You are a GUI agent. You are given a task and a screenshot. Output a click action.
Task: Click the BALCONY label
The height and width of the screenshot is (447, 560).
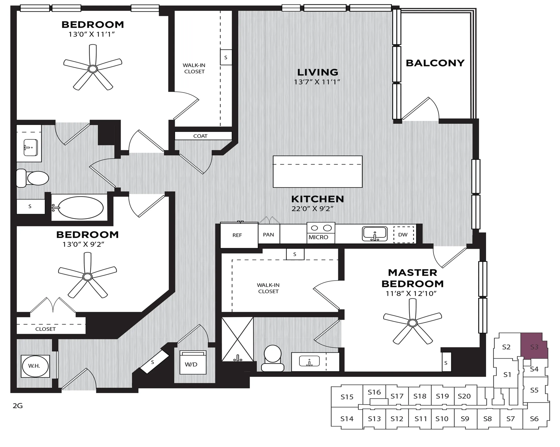coord(435,63)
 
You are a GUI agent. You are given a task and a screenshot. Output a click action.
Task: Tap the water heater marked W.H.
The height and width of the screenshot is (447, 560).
coord(35,366)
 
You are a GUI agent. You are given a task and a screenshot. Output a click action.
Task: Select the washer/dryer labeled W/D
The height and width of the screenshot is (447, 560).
coord(193,362)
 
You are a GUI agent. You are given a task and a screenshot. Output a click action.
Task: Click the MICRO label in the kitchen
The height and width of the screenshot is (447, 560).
coord(318,237)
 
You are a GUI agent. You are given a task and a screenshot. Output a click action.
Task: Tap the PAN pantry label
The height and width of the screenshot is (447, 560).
coord(268,235)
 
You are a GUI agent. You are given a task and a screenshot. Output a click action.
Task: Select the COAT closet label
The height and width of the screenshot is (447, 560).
coord(200,136)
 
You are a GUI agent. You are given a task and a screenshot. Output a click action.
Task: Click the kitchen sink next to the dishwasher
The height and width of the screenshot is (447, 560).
coord(375,234)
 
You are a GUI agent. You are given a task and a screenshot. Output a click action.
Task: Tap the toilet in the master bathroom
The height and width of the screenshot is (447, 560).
coord(272,358)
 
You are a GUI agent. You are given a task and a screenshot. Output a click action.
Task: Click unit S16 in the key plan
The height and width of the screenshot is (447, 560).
coord(374,392)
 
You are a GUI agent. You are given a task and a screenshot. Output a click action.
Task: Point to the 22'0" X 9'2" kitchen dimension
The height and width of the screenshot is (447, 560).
coord(312,209)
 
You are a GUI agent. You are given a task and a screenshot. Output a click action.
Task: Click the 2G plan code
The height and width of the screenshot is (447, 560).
coord(18,406)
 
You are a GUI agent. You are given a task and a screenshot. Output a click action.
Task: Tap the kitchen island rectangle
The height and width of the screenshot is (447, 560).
coord(317,171)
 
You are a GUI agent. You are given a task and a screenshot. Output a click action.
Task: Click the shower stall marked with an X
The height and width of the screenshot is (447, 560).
coord(237,339)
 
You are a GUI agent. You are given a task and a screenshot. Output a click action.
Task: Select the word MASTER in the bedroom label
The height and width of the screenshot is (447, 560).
coord(413,273)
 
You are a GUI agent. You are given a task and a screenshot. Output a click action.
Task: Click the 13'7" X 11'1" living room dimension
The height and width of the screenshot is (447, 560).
coord(317,82)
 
